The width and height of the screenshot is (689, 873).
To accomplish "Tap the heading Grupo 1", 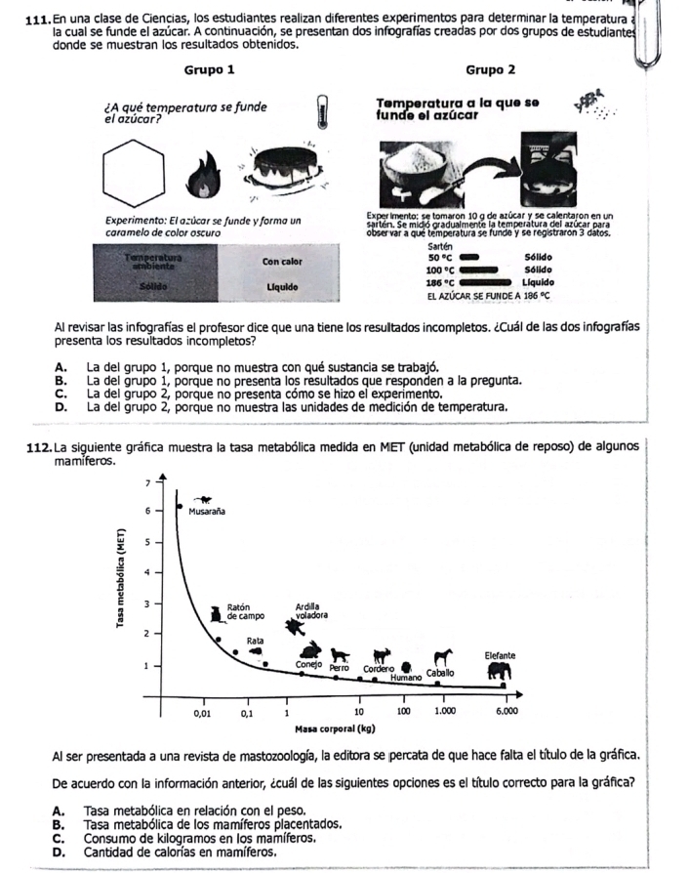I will tap(208, 70).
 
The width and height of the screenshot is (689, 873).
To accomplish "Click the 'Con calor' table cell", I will tap(280, 262).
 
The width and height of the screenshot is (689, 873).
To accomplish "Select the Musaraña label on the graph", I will tap(205, 509).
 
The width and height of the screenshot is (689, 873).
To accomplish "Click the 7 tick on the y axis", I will tap(146, 483).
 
